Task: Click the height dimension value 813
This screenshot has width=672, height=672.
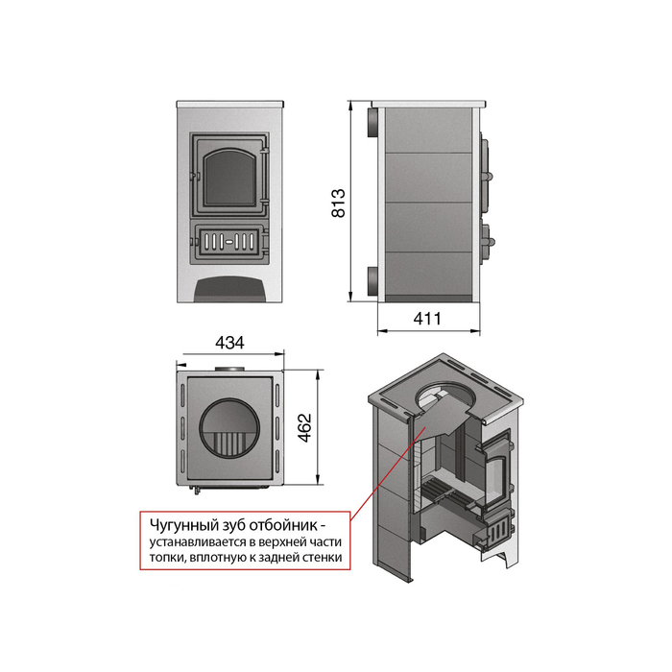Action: click(339, 203)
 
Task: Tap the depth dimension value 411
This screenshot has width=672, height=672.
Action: click(427, 319)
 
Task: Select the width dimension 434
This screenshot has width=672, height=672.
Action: click(229, 343)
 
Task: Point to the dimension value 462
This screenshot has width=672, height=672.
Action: click(304, 427)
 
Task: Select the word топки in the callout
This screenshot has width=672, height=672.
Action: click(167, 558)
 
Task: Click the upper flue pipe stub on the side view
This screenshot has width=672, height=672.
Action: click(372, 122)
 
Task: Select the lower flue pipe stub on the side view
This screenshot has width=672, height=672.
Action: click(372, 280)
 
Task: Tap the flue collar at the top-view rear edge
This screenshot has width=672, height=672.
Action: click(229, 369)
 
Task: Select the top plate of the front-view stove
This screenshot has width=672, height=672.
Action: click(230, 104)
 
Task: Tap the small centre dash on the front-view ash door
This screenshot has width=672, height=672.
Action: click(229, 242)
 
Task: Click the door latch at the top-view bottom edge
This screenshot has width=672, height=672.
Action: click(197, 490)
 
